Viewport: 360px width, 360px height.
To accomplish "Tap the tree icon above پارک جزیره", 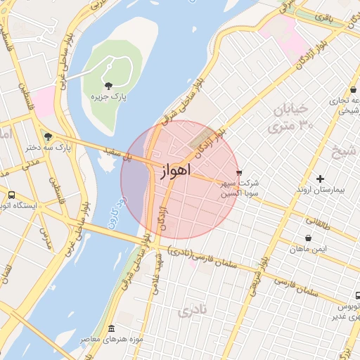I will click(x=108, y=86).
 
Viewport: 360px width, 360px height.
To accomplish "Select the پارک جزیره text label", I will click(x=108, y=96).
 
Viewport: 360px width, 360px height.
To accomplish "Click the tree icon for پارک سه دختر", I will click(x=47, y=136).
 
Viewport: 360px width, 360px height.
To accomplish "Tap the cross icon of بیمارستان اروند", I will click(x=321, y=179).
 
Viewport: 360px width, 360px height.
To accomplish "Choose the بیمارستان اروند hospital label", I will click(x=320, y=190).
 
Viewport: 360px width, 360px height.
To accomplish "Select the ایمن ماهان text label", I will click(x=308, y=250).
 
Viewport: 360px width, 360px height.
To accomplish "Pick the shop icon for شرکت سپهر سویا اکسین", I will click(x=239, y=172).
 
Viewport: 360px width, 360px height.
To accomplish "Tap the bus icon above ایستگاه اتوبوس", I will click(x=11, y=195).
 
